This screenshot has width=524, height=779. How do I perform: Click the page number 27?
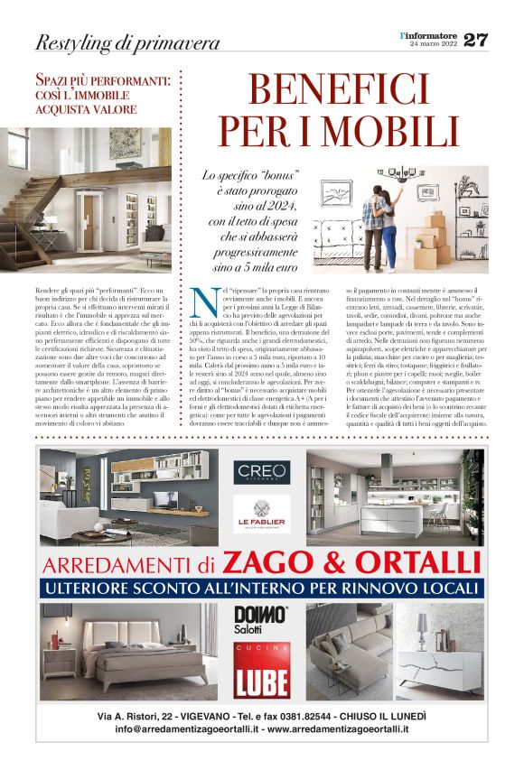click(x=475, y=40)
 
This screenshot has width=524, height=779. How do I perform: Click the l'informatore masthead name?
click(x=428, y=34)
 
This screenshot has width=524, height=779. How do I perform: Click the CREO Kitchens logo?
click(x=260, y=471)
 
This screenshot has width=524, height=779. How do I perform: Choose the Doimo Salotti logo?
click(x=261, y=619)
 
